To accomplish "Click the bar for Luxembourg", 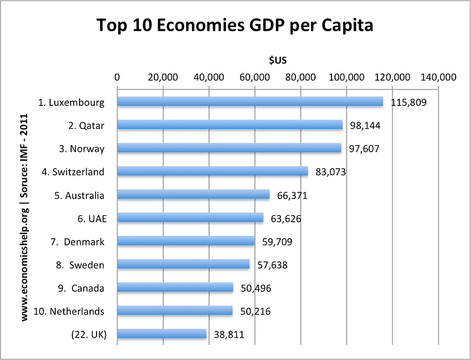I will pos(250,102).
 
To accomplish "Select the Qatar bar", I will pos(230,125).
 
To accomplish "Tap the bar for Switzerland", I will pos(213,171).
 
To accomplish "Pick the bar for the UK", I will pos(162,334).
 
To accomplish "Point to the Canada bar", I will pos(175,288).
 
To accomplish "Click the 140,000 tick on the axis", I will pos(439,77).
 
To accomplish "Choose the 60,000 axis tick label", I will pos(255,77).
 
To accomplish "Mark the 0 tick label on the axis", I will pos(117,77).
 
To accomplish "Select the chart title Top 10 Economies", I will pos(235,26).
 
